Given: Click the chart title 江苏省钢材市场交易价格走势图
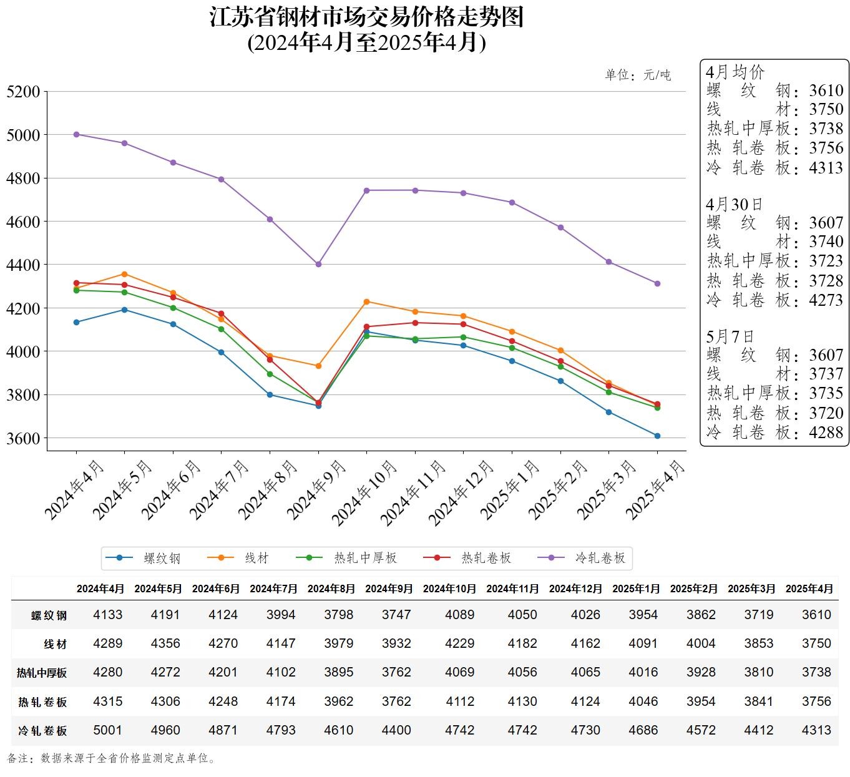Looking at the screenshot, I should point(366,17).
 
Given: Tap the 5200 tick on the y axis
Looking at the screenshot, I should point(23,92).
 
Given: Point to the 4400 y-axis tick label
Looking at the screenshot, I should point(23,265).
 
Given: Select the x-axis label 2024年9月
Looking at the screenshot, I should point(316,490).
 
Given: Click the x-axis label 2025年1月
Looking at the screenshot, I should point(510,490).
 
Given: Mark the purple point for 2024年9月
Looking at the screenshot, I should point(318,265).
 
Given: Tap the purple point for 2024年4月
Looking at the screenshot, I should point(76,134).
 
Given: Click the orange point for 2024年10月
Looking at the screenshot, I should point(366,302).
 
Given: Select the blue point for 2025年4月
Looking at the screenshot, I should point(657,436).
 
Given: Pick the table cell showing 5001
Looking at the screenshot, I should point(108,730).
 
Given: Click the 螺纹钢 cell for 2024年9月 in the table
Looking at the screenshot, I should point(396,615).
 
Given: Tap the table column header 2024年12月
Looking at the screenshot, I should point(575,589).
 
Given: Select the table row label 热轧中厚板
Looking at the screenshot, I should point(42,673).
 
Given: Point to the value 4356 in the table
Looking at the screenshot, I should point(165,643).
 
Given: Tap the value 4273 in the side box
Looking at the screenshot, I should point(826,300).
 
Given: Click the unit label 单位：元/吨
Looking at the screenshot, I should point(638,76).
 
